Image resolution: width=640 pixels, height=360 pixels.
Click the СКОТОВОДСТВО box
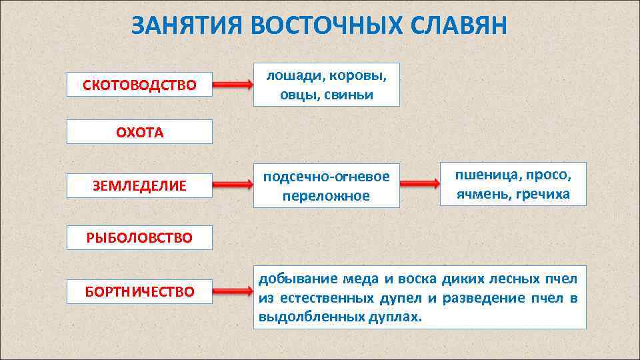140,85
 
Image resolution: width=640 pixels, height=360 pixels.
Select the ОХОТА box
140,132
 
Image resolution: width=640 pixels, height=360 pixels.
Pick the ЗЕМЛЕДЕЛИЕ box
140,185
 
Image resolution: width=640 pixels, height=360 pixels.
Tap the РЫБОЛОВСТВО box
140,237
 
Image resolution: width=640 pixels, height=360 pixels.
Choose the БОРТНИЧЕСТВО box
140,291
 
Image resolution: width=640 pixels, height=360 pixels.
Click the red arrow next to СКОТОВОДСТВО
233,85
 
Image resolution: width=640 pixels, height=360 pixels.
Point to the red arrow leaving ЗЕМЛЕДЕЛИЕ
233,185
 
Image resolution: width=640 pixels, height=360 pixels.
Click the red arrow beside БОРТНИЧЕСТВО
233,291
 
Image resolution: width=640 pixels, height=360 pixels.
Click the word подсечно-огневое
326,177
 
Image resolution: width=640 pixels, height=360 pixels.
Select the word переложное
326,196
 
